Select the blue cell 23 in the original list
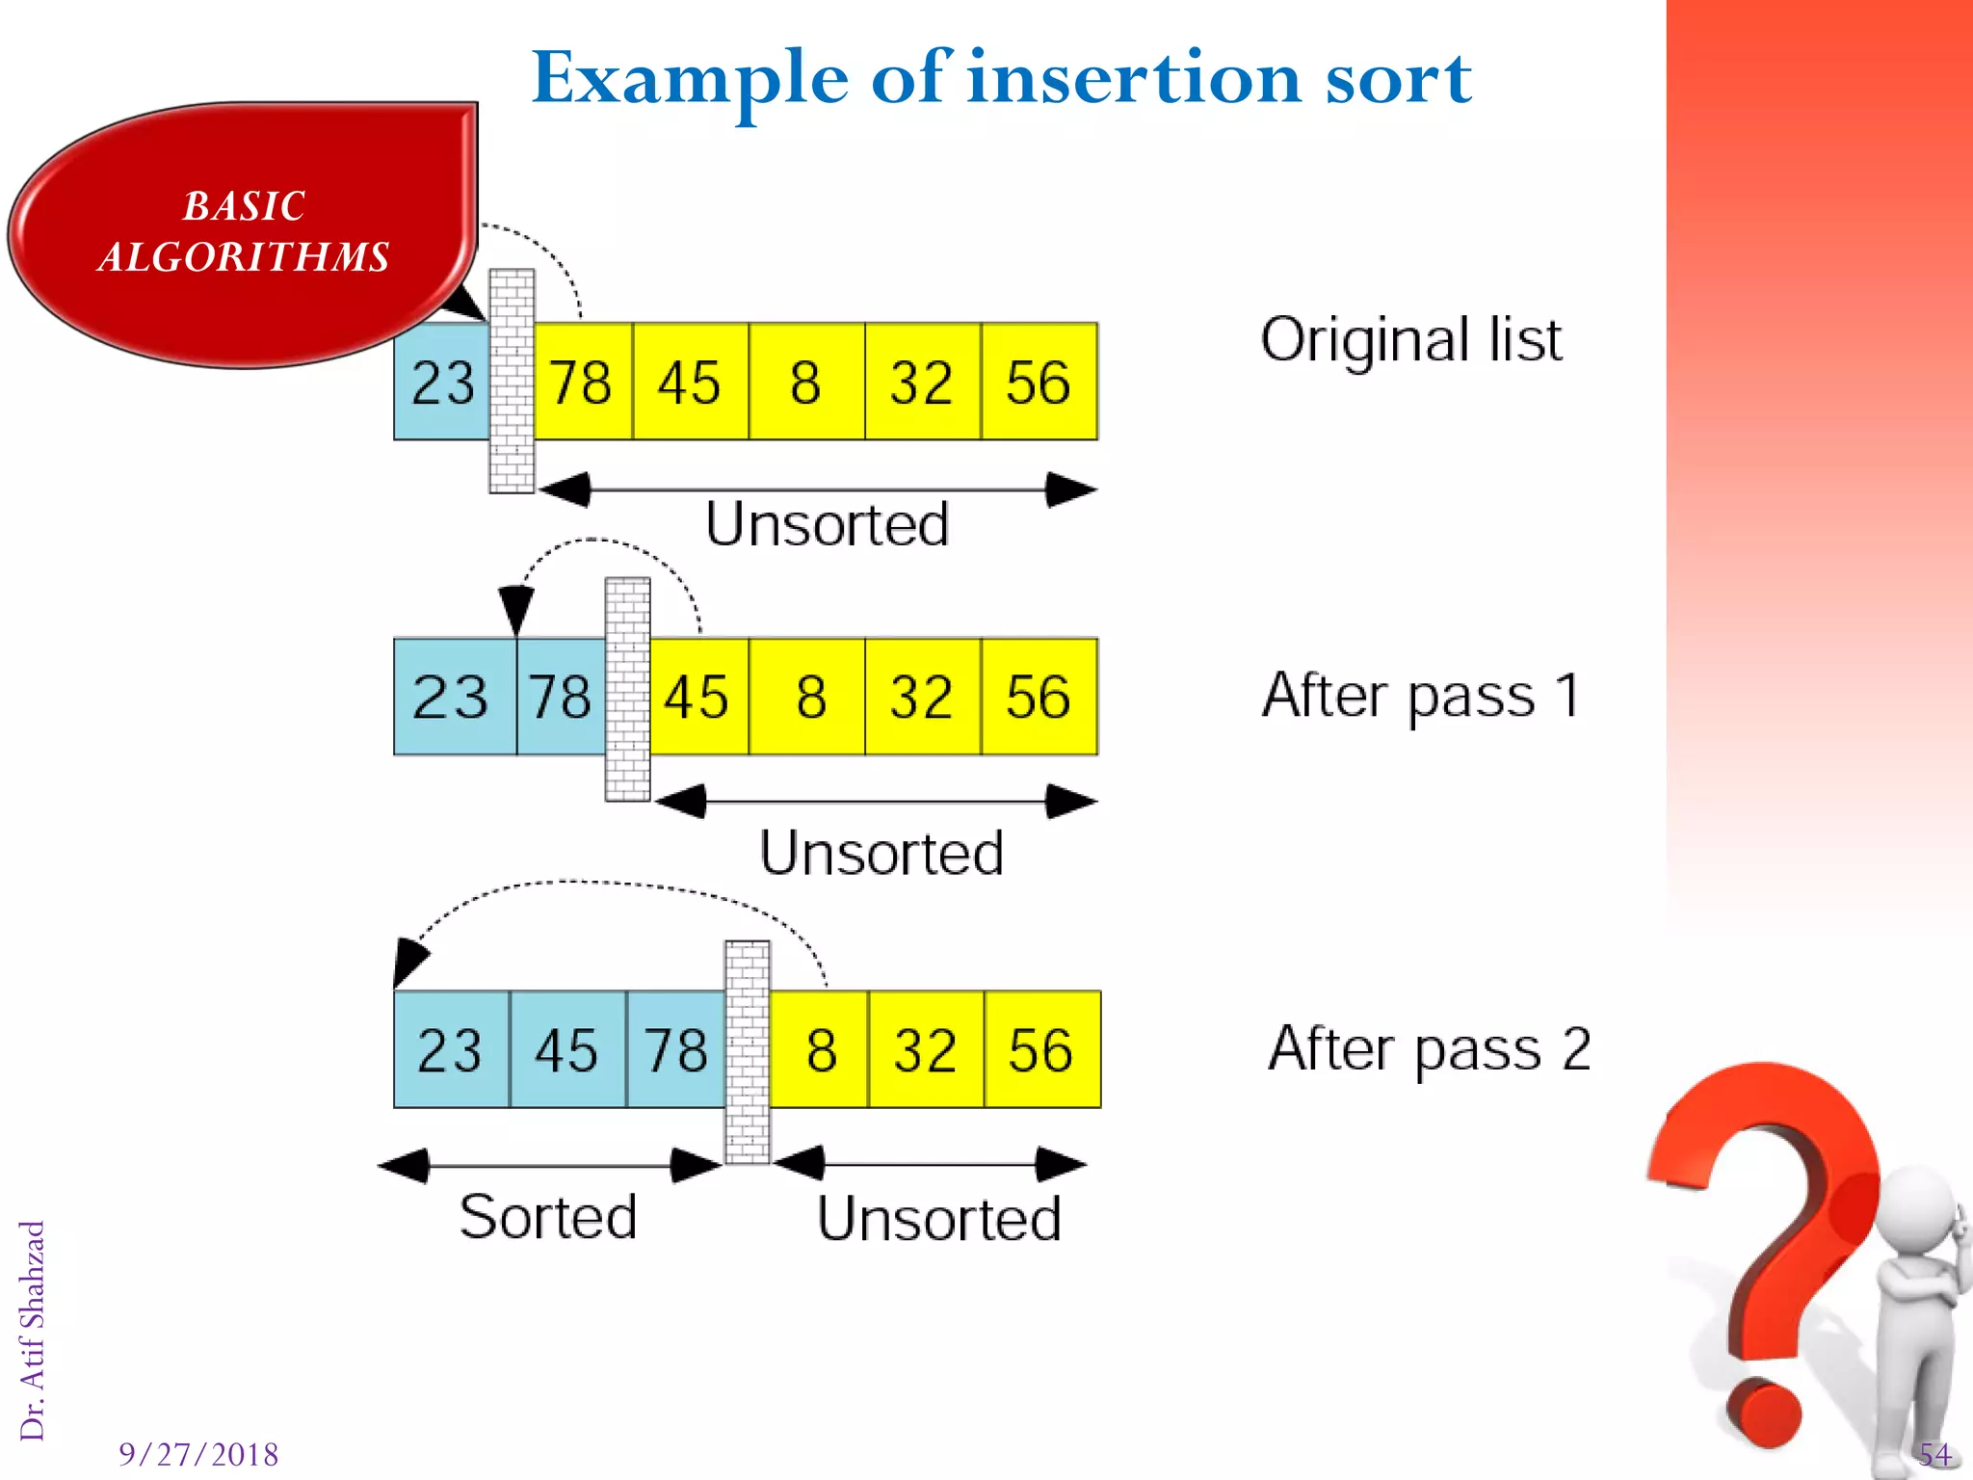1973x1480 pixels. [x=442, y=383]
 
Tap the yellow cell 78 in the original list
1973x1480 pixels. [x=582, y=383]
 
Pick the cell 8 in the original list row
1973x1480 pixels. [x=805, y=383]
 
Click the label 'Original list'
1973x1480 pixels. [x=1411, y=340]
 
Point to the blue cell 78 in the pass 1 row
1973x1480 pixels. [x=560, y=697]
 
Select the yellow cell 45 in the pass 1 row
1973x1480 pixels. [x=697, y=697]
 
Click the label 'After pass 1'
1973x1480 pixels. [x=1421, y=696]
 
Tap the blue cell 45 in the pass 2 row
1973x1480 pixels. [x=567, y=1049]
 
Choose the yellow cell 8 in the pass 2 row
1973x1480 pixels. [x=821, y=1049]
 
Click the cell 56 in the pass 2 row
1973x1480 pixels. [x=1041, y=1049]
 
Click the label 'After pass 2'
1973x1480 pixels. [x=1429, y=1049]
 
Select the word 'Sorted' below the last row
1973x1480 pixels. [x=548, y=1216]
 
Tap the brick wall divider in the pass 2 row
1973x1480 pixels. [x=748, y=1052]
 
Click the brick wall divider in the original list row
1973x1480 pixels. [x=512, y=382]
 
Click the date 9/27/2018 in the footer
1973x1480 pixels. [x=198, y=1453]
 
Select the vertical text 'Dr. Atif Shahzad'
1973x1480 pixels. [x=33, y=1330]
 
